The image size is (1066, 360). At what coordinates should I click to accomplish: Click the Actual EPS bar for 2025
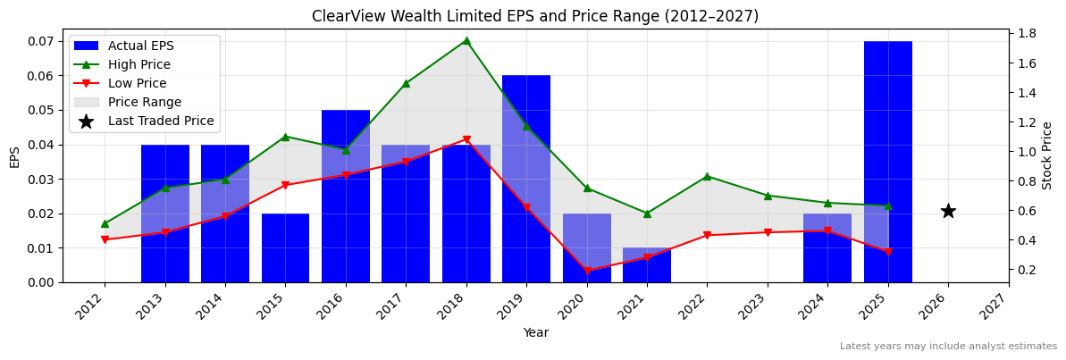pos(887,162)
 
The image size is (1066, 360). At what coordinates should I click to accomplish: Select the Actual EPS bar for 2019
pos(526,179)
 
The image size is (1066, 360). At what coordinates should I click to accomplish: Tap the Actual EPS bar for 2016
pos(346,196)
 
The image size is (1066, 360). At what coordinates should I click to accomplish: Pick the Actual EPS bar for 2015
pos(285,247)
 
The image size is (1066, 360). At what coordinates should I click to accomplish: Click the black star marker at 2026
pos(948,211)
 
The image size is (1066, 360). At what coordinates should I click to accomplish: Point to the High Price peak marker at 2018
pos(466,40)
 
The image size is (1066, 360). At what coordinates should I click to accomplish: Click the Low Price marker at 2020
pos(587,271)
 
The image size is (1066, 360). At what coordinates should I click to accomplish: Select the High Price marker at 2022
pos(707,176)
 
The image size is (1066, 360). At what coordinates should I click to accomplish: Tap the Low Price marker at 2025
pos(887,252)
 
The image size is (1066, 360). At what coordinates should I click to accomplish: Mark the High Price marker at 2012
pos(105,223)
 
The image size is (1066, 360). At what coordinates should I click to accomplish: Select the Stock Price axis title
pos(1047,155)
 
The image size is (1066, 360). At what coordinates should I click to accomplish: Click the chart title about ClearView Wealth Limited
pos(534,16)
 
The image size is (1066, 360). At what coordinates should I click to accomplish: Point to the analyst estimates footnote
pos(948,347)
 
